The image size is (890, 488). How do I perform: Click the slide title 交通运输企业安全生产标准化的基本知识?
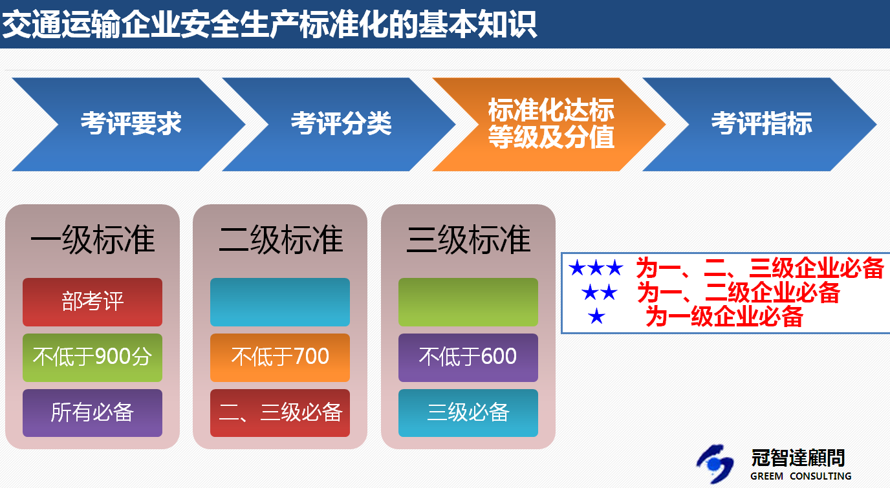(269, 25)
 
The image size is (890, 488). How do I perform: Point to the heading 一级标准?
(92, 239)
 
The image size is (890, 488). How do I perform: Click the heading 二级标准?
(281, 239)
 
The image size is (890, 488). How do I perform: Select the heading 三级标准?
(468, 239)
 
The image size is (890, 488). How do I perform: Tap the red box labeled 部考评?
(92, 302)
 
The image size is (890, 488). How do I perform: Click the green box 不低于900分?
(92, 357)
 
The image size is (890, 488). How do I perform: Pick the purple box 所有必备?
(92, 413)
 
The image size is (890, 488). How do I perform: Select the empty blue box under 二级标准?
(280, 302)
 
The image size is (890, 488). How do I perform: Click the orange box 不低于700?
(280, 357)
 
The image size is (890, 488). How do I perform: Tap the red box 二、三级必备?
(280, 413)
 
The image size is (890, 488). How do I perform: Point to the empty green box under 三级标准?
(468, 302)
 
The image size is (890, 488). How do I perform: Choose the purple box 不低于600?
(468, 357)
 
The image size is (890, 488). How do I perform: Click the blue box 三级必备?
(468, 413)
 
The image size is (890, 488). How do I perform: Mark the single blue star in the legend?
(596, 317)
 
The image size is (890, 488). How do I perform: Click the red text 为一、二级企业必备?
(738, 293)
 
